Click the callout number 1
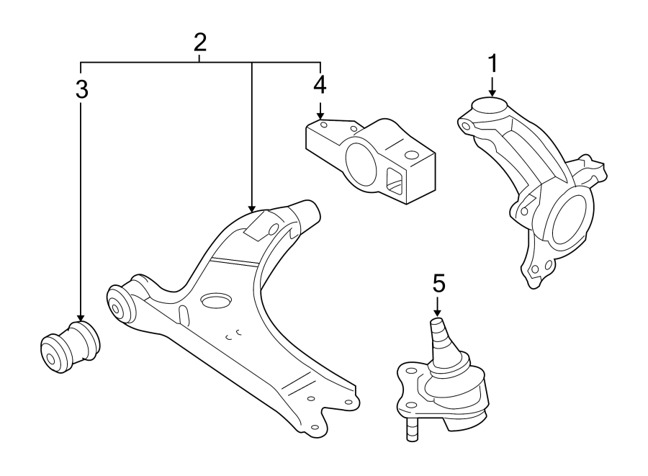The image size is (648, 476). (493, 63)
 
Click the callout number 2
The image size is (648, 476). (200, 42)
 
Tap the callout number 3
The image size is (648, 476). (81, 89)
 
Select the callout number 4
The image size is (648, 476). (320, 84)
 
